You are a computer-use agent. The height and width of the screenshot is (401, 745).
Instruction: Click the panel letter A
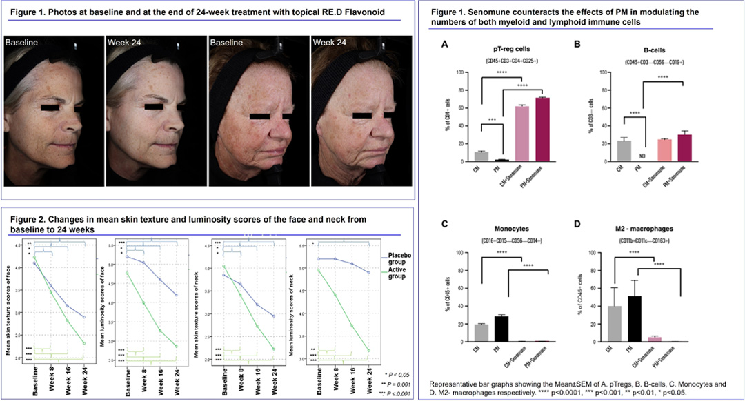[445, 43]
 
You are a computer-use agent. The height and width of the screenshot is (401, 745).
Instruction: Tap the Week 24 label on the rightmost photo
[330, 42]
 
